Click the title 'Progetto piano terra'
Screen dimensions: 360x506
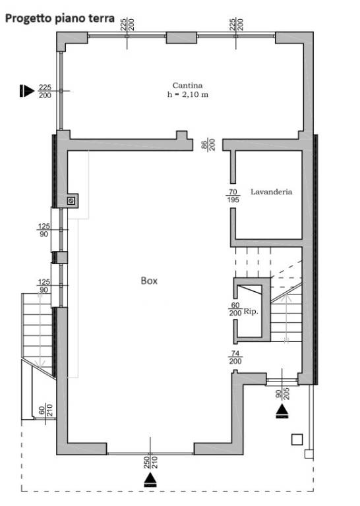click(x=60, y=18)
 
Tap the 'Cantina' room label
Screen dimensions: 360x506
click(x=188, y=86)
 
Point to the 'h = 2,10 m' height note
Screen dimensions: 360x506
click(x=188, y=95)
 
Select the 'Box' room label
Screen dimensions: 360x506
click(x=149, y=281)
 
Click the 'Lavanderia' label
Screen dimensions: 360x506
click(x=272, y=192)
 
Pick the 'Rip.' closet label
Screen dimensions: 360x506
click(x=251, y=312)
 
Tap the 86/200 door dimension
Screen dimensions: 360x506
click(x=208, y=144)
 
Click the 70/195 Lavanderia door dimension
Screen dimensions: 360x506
click(x=233, y=196)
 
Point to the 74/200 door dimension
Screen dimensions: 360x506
click(x=235, y=358)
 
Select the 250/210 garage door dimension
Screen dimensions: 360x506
click(x=150, y=462)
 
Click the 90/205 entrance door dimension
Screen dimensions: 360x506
click(x=282, y=393)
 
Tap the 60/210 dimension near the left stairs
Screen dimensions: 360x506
click(x=45, y=410)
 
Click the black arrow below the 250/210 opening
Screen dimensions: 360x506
click(x=150, y=480)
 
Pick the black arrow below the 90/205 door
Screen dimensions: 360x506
click(x=282, y=411)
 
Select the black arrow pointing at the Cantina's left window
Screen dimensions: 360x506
click(x=26, y=91)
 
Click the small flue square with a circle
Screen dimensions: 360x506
click(x=71, y=201)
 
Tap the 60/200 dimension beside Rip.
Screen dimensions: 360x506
click(x=235, y=309)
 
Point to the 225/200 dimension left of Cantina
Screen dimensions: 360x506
click(x=45, y=92)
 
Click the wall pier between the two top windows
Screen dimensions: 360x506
click(x=181, y=38)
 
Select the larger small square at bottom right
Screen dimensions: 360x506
click(x=297, y=439)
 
